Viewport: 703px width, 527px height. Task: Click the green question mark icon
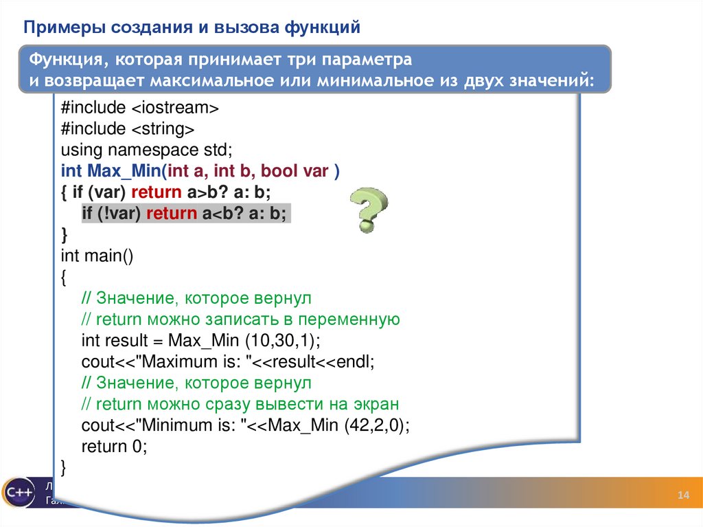coord(369,210)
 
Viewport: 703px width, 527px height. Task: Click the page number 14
coord(682,497)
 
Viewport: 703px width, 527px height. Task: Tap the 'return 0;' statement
coord(114,447)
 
